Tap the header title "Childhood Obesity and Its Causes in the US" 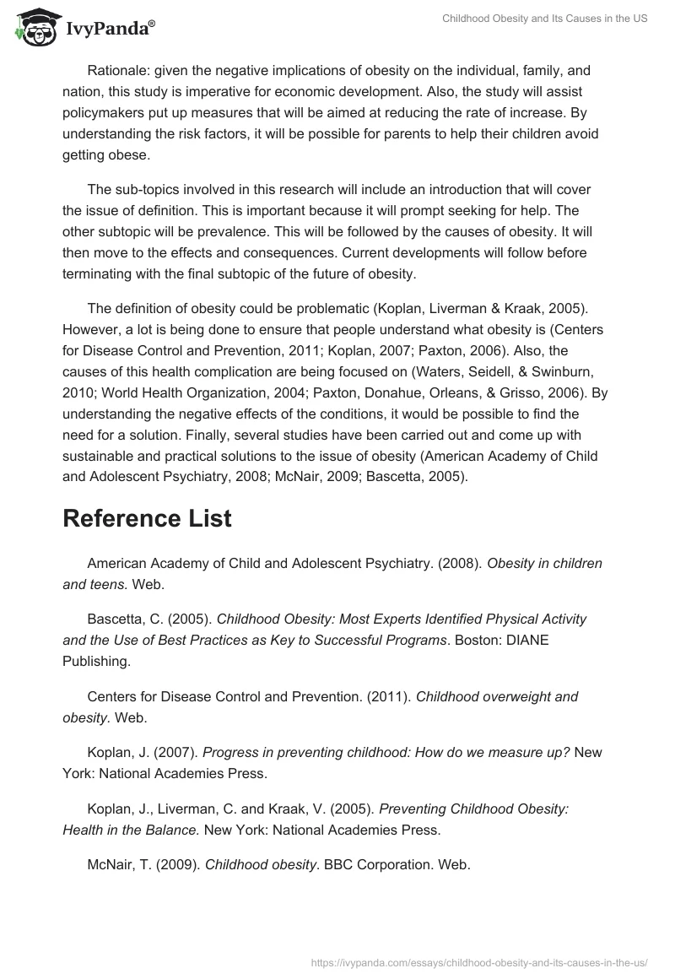[545, 19]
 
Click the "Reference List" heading [147, 519]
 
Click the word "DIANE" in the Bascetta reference [526, 640]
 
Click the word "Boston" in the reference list [477, 640]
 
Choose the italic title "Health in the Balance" [131, 830]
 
